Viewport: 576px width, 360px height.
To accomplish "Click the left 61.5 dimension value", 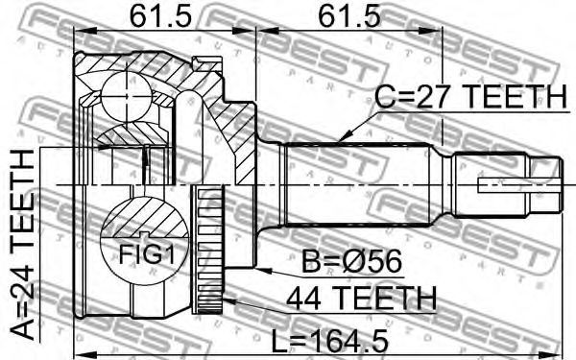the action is coord(161,16).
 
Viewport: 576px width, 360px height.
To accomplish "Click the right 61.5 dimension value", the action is coord(349,16).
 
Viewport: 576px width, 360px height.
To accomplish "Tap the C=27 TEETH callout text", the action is coord(471,96).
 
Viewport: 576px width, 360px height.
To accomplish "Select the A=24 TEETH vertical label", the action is coord(23,244).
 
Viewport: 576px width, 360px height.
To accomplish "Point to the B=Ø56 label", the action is coord(351,262).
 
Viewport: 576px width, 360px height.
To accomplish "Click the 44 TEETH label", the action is coord(361,299).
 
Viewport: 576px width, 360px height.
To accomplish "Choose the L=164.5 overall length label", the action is coord(329,341).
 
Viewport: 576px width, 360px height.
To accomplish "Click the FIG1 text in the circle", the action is coord(146,254).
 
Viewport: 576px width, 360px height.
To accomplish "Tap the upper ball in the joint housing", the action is coord(126,96).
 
